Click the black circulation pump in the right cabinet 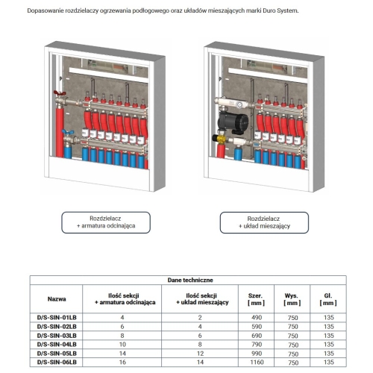click(x=233, y=122)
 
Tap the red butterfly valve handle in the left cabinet click(x=60, y=93)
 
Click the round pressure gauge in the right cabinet click(x=239, y=104)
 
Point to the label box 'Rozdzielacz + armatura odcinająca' click(x=106, y=222)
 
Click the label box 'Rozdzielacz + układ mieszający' click(x=264, y=222)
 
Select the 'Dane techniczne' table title click(x=190, y=280)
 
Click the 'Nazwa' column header click(x=57, y=299)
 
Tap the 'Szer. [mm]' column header click(x=256, y=299)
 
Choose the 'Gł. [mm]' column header click(x=328, y=299)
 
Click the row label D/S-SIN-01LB click(x=57, y=318)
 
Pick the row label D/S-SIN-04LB click(x=57, y=345)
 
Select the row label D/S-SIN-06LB click(x=57, y=362)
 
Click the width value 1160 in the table click(x=257, y=363)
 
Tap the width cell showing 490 click(x=257, y=318)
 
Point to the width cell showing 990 click(x=257, y=354)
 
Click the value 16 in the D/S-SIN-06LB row click(x=122, y=363)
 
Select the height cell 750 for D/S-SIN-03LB click(x=292, y=336)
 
